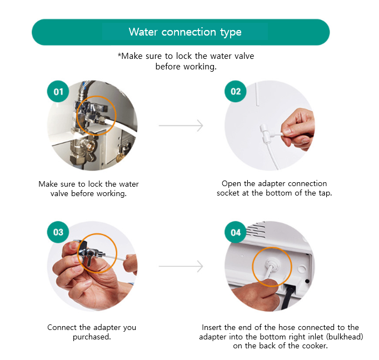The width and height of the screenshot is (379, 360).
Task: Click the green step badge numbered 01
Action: tap(58, 91)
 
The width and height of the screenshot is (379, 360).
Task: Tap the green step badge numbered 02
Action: tap(236, 91)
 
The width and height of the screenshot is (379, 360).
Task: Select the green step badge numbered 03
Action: tap(58, 232)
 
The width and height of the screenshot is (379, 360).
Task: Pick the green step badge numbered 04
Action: tap(236, 232)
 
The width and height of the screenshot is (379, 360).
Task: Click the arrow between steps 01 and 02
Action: tap(181, 126)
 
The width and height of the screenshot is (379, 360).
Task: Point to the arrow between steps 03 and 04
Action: tap(181, 266)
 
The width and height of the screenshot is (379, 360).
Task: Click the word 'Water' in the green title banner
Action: tap(143, 32)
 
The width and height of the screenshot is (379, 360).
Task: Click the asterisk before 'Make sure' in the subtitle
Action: tap(119, 55)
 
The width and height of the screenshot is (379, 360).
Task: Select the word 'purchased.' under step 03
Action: tap(92, 337)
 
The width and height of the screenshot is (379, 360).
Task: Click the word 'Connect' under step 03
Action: tap(62, 327)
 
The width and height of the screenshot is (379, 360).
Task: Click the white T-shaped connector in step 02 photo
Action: tap(266, 133)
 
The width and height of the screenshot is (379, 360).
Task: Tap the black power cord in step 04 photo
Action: tap(289, 296)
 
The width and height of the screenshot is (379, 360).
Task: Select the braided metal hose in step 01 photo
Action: tap(85, 89)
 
